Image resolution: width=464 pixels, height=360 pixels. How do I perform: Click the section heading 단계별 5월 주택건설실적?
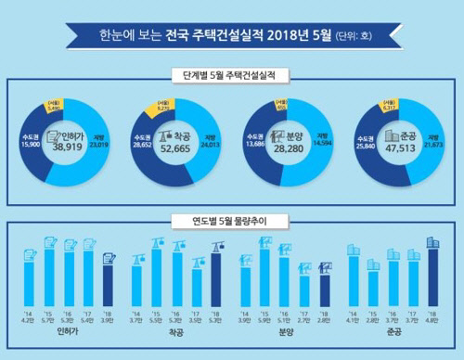click(x=231, y=73)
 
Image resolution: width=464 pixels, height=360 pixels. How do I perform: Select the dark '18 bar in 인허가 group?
click(x=108, y=287)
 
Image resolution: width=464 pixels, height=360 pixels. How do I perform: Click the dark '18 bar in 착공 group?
click(x=216, y=283)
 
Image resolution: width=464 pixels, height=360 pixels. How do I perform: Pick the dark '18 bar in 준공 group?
click(x=432, y=280)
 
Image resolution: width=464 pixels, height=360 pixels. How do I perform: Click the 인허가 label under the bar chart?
click(x=67, y=331)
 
